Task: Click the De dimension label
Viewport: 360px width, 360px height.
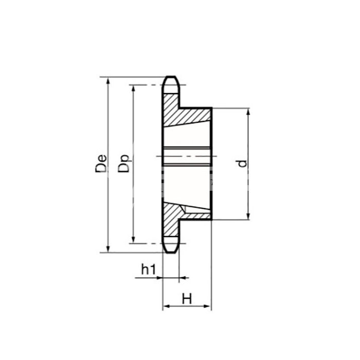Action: point(101,164)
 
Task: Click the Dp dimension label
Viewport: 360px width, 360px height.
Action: point(124,164)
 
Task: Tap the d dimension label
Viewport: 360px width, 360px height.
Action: point(242,164)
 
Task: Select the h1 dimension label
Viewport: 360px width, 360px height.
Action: point(148,269)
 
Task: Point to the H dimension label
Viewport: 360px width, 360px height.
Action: point(187,298)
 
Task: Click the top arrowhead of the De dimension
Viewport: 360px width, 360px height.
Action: point(108,80)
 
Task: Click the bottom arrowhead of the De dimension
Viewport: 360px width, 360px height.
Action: point(108,249)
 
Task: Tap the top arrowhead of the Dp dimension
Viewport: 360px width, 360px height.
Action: point(133,88)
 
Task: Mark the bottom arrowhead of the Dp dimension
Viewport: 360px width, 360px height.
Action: point(133,240)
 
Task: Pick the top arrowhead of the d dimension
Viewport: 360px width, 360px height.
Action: point(248,112)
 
